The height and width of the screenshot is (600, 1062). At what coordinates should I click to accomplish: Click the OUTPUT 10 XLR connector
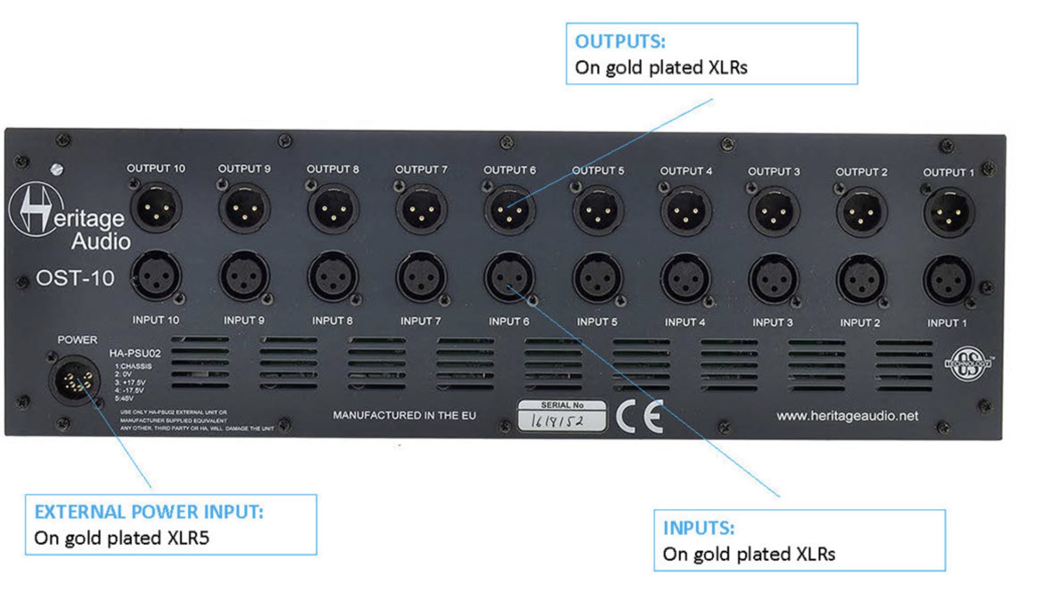[x=156, y=208]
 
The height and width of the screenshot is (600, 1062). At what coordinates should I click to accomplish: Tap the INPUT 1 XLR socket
[x=948, y=281]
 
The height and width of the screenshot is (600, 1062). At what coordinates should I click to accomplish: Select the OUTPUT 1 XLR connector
[x=949, y=213]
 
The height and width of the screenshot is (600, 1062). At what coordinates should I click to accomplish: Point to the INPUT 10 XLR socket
[x=156, y=276]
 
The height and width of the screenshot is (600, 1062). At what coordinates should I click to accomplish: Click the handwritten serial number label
[x=562, y=420]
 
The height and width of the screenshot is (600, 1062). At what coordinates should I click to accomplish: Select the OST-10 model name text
[x=75, y=278]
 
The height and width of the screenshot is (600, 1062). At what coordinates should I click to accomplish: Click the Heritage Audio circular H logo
[x=35, y=209]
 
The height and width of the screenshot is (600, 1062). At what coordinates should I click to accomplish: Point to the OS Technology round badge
[x=967, y=364]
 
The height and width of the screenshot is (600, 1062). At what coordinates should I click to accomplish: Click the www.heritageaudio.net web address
[x=847, y=416]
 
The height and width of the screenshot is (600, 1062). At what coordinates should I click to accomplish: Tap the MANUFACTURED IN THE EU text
[x=404, y=415]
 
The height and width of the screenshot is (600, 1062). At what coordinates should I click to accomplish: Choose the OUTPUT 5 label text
[x=598, y=171]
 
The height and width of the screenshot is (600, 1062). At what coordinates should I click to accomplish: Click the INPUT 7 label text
[x=420, y=321]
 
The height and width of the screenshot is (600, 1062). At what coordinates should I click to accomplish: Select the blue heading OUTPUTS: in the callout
[x=620, y=41]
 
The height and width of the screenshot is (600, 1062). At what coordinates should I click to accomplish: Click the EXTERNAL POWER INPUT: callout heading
[x=149, y=512]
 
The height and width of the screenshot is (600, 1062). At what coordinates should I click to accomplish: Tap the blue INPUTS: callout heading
[x=698, y=528]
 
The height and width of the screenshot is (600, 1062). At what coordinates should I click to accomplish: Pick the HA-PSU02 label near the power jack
[x=135, y=353]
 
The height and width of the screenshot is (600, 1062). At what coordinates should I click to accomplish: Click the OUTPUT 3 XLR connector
[x=774, y=211]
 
